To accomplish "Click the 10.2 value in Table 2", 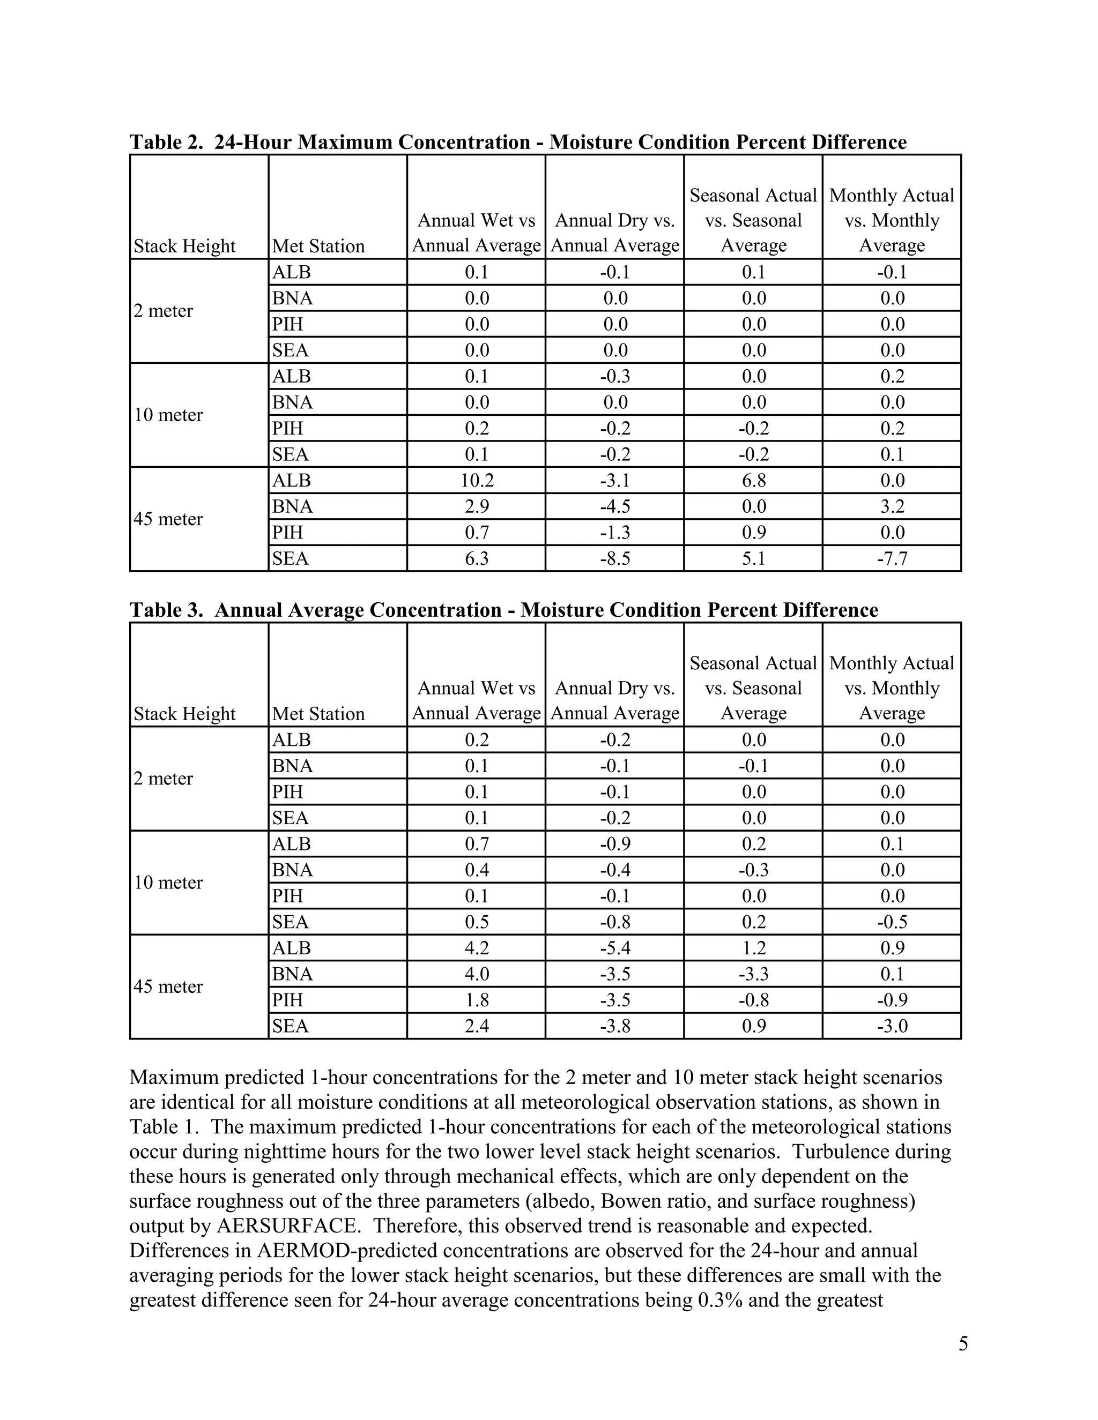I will pos(476,481).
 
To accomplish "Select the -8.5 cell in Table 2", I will pos(615,558).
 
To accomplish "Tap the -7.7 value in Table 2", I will pos(892,558).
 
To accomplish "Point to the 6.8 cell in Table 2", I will pos(753,481).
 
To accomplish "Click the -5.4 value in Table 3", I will pos(615,948).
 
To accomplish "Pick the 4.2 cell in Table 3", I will pos(476,948).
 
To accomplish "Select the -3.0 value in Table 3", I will pos(892,1026).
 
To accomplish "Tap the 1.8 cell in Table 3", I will pos(476,1000).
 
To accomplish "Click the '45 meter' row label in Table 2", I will pos(168,519).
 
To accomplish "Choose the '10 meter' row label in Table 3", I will pos(168,883).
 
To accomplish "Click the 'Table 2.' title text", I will pos(168,143).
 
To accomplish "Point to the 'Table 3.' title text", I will pos(168,610).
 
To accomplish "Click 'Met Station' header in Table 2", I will pos(318,246).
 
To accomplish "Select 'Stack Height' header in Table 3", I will pos(184,714).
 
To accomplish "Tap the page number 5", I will pos(963,1343).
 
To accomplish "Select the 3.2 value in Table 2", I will pos(892,506).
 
